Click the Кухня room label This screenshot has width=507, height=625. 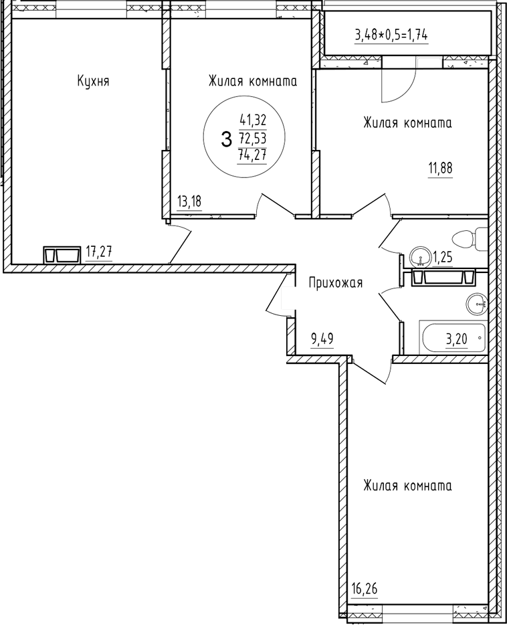tap(93, 82)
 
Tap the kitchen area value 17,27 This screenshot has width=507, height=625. tap(98, 252)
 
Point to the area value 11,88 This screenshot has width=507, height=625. tap(441, 168)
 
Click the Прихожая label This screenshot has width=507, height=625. tap(335, 283)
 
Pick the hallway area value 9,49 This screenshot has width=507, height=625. tap(322, 339)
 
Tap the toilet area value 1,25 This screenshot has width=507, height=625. tap(443, 256)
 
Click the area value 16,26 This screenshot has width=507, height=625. tap(365, 589)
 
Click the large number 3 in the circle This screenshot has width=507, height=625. tap(225, 139)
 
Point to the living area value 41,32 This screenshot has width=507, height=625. tap(253, 121)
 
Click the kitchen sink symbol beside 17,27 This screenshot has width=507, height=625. tap(60, 255)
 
